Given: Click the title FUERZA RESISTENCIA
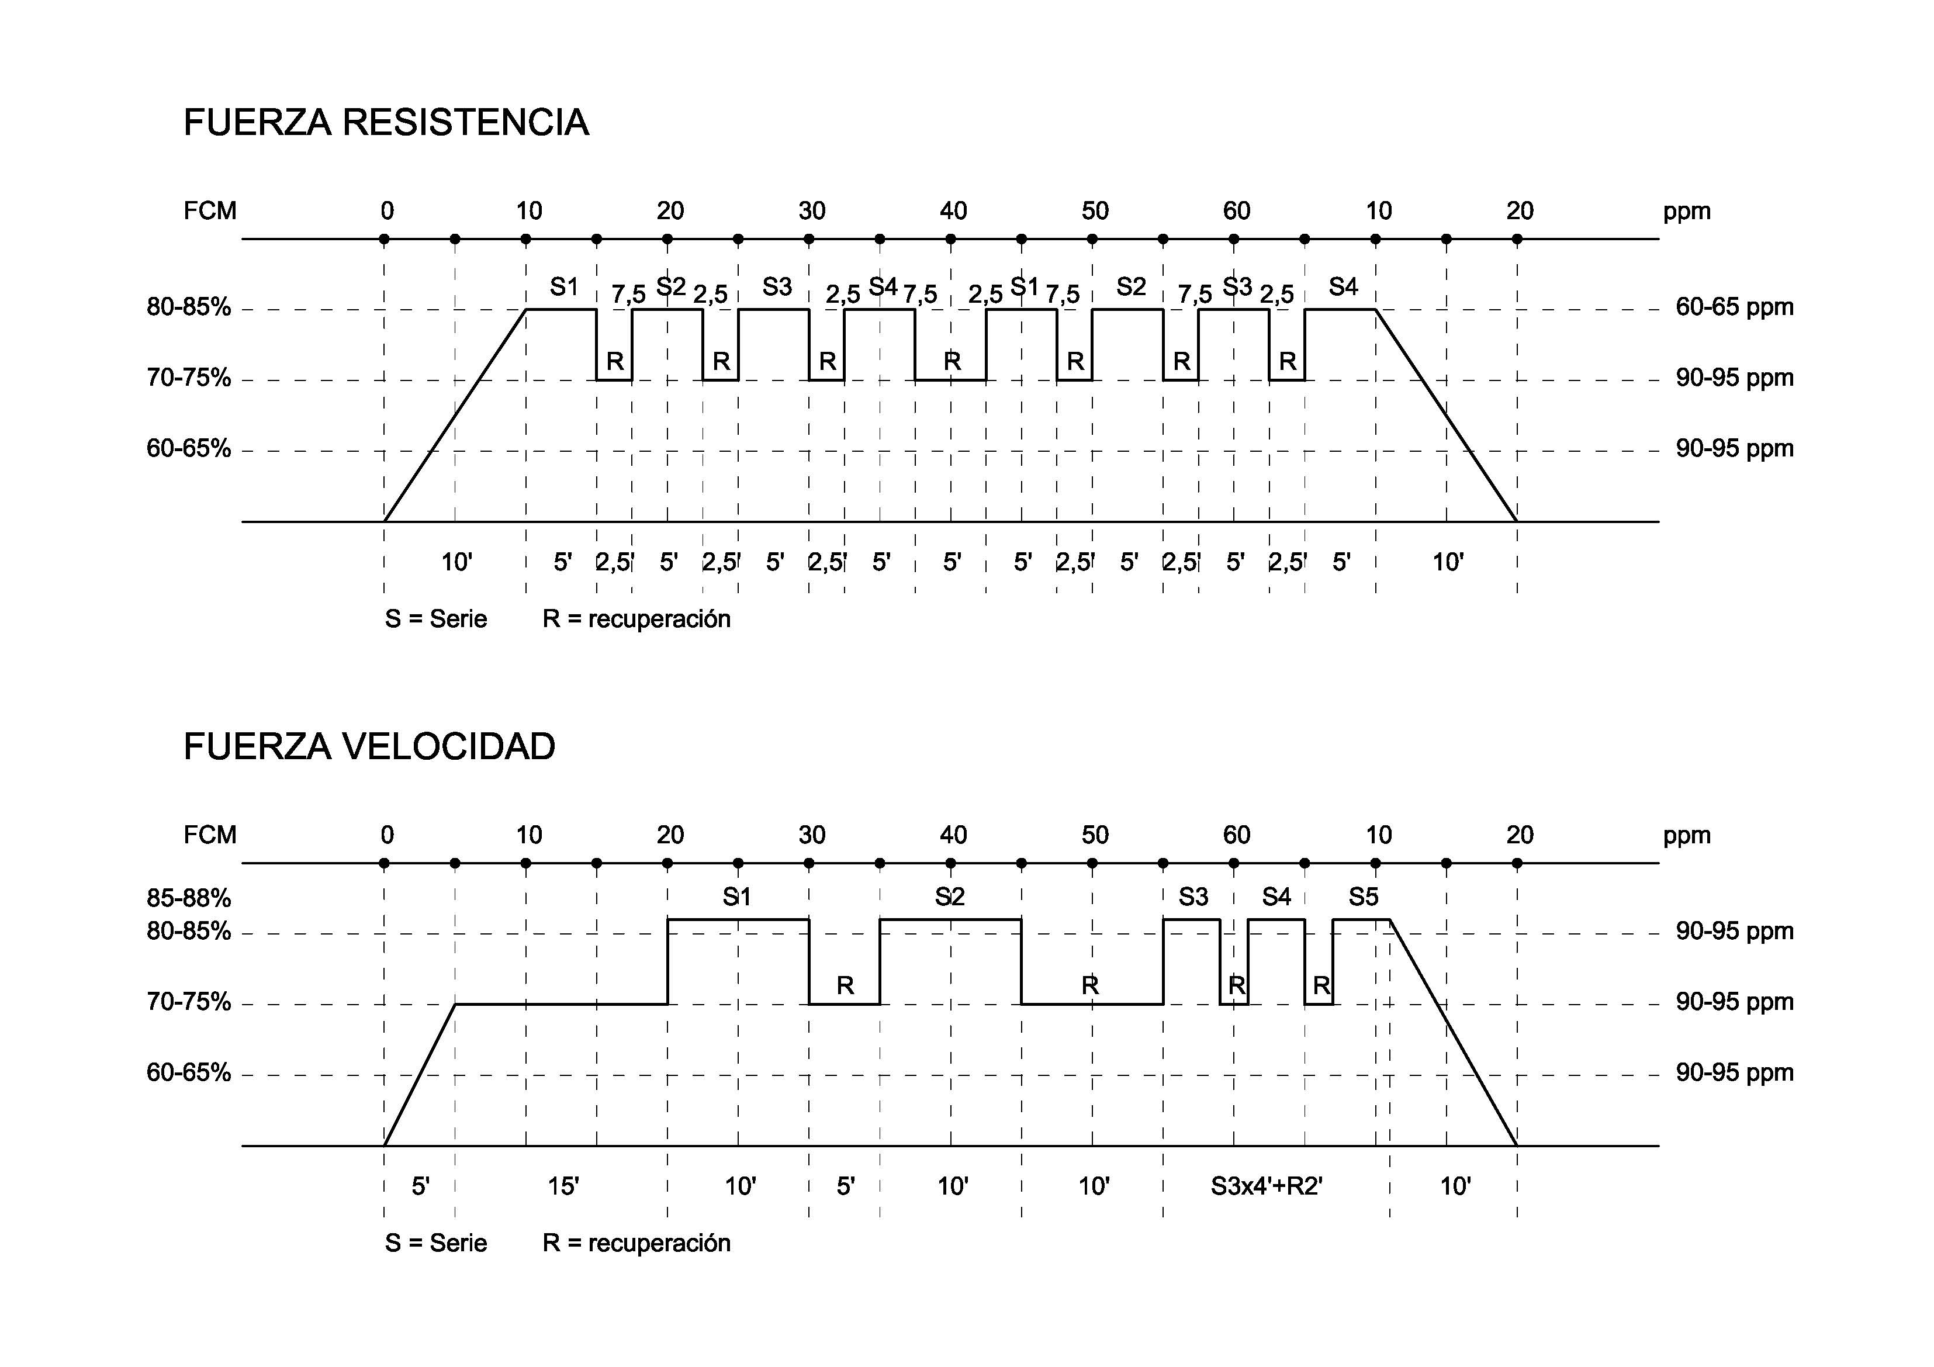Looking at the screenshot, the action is click(x=386, y=123).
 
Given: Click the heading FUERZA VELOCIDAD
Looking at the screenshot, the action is click(x=370, y=747).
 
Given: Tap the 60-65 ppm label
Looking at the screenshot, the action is click(x=1734, y=307).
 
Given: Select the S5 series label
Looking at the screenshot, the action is click(x=1363, y=897).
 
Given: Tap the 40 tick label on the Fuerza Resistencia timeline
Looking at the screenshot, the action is click(x=953, y=210).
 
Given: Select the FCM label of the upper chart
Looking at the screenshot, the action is click(x=210, y=210).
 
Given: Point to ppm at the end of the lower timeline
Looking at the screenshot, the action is click(x=1686, y=836).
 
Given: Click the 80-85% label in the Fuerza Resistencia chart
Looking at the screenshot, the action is click(x=189, y=307).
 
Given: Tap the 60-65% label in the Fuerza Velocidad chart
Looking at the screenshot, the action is click(x=189, y=1073).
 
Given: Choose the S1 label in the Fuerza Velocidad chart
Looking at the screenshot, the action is click(x=736, y=897).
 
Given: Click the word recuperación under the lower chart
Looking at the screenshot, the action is click(x=659, y=1243).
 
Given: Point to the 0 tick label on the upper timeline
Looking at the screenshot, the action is click(x=387, y=210).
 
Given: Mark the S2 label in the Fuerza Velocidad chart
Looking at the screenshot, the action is click(x=949, y=897).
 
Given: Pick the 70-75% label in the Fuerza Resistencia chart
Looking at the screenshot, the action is click(x=189, y=378).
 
